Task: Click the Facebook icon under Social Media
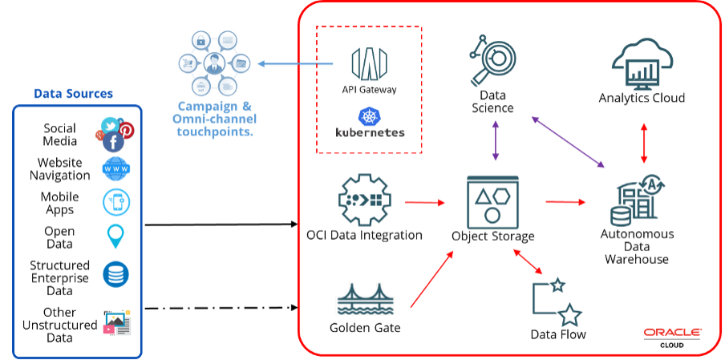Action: click(113, 142)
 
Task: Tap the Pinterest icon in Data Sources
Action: click(127, 129)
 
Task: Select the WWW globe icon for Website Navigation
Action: click(116, 169)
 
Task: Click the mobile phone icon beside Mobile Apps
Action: click(116, 203)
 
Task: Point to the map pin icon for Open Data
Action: click(116, 237)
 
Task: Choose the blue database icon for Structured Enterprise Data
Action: click(116, 275)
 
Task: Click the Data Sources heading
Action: click(74, 94)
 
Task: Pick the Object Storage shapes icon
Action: click(492, 201)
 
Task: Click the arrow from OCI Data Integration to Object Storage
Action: click(424, 202)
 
